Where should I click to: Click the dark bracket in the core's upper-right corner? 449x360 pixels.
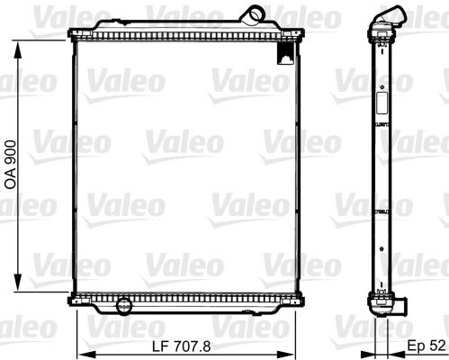point(285,54)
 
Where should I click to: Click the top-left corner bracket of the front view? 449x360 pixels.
point(73,35)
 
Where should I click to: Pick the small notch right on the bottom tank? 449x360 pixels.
point(270,301)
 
